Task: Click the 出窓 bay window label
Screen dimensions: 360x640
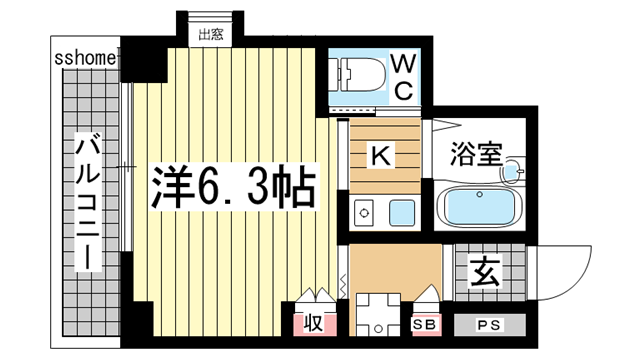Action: [209, 36]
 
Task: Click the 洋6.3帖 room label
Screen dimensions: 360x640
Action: [234, 184]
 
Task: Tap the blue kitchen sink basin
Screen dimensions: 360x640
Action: [402, 212]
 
